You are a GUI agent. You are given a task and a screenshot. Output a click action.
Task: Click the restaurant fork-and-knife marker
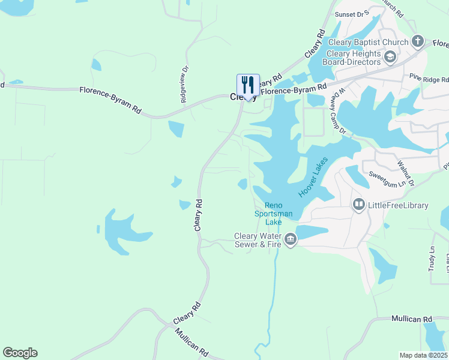(x=248, y=85)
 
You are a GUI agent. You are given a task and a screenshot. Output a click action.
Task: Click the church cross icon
(x=419, y=42)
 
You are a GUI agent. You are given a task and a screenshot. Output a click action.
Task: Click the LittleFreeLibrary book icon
(x=359, y=205)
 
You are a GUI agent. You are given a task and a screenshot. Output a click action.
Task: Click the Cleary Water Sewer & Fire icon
(x=291, y=240)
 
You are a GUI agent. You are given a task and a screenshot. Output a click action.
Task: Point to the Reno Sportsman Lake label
(x=273, y=213)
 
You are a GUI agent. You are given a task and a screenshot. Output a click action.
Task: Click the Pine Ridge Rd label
(x=429, y=78)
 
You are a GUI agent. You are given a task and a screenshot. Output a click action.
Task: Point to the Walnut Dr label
(x=406, y=163)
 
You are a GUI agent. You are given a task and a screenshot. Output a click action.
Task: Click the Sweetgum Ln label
(x=384, y=178)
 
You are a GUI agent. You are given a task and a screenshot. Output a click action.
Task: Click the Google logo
(x=20, y=353)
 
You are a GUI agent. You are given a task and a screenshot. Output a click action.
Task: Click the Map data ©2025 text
(x=423, y=355)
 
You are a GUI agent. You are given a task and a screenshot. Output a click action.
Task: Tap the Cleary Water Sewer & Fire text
(x=258, y=240)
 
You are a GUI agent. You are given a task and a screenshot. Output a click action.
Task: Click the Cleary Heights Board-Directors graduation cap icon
(x=390, y=58)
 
